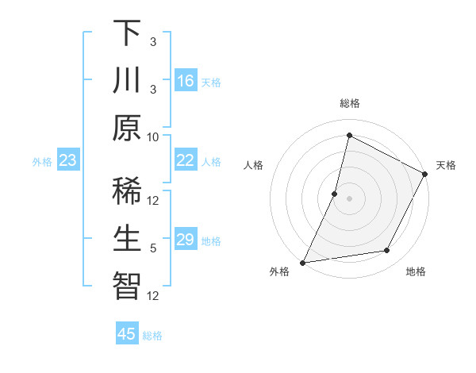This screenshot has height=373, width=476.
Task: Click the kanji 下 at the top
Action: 128,33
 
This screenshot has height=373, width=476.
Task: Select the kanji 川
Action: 128,80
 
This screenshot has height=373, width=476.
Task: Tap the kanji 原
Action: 128,127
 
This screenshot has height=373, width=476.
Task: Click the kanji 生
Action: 128,236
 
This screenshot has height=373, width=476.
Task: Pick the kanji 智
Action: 128,284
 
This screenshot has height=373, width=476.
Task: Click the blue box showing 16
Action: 186,80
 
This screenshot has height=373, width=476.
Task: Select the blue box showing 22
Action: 186,160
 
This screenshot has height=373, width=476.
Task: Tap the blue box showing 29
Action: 186,240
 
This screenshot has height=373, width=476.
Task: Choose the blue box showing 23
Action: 67,160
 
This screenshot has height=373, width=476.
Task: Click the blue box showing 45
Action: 127,334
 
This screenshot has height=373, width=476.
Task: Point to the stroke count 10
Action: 153,136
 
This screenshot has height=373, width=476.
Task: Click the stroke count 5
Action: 153,248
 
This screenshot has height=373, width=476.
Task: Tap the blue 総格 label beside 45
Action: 153,336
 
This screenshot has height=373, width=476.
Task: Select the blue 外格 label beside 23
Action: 42,162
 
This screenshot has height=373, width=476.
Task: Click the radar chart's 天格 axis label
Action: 446,165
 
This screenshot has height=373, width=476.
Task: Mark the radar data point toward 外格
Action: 302,262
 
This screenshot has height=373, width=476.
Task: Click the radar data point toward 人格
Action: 335,194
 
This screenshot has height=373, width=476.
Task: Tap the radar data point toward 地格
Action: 387,251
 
